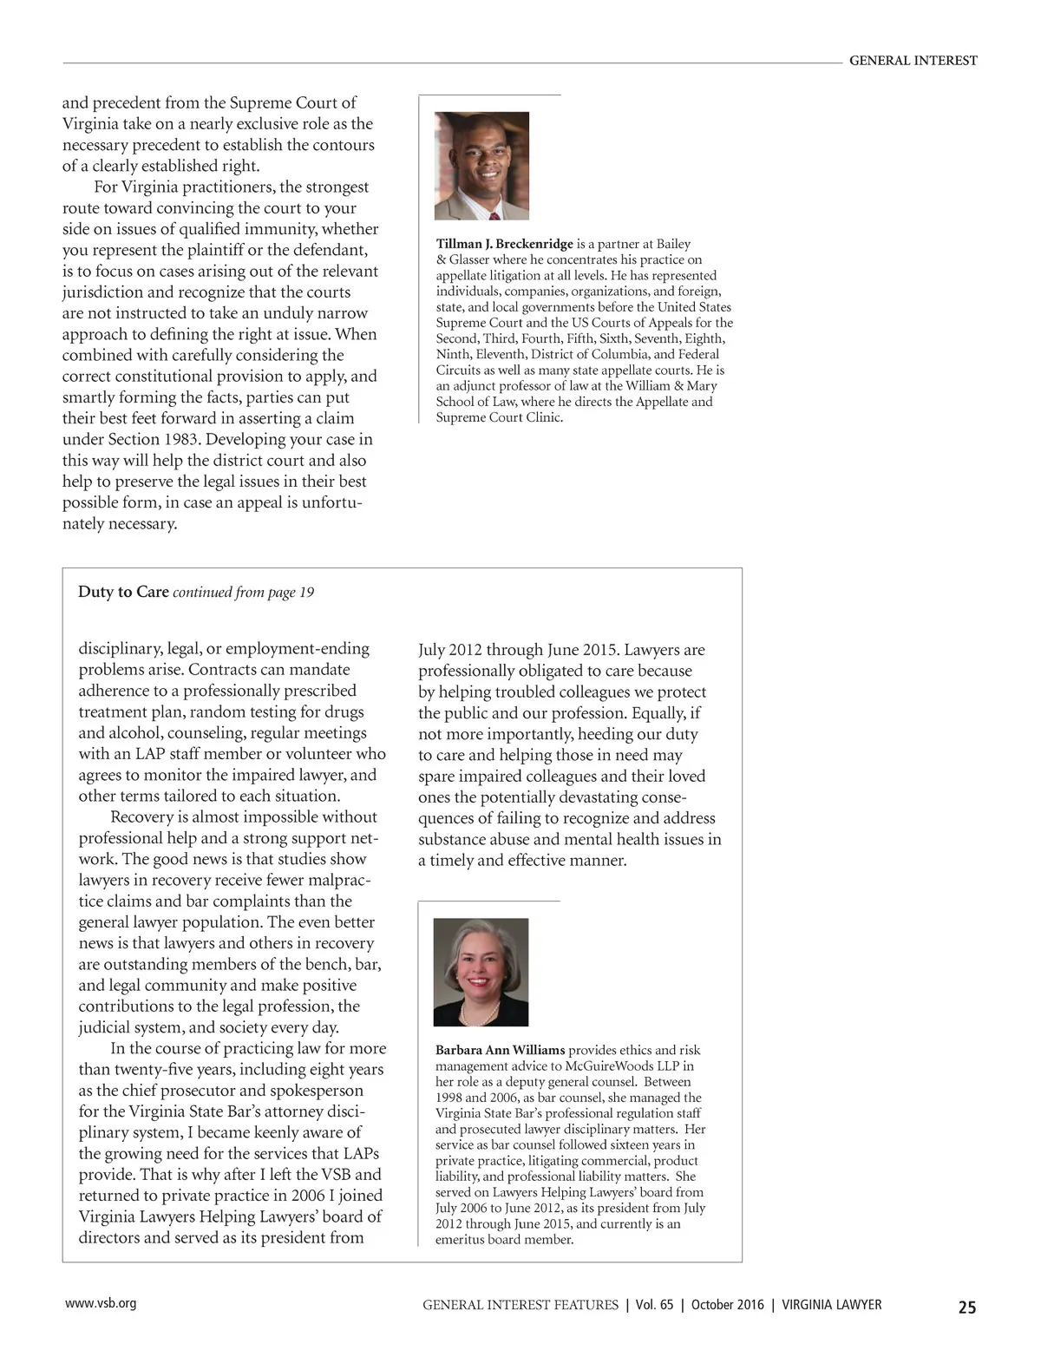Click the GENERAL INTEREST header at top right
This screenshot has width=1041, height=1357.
(913, 61)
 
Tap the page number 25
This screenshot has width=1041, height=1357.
(966, 1307)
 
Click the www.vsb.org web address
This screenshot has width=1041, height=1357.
(101, 1303)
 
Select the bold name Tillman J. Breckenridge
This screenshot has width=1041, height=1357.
(504, 244)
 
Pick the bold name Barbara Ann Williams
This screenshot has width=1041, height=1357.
(500, 1050)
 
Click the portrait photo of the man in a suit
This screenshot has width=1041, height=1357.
(481, 165)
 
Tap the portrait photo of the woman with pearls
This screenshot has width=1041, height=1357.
(481, 972)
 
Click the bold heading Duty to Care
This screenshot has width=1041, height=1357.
(123, 592)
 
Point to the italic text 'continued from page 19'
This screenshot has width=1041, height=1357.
(244, 593)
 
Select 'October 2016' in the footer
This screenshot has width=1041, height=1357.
(728, 1305)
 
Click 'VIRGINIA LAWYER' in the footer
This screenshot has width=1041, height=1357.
(832, 1305)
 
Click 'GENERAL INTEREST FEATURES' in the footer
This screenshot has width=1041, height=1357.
(520, 1305)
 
